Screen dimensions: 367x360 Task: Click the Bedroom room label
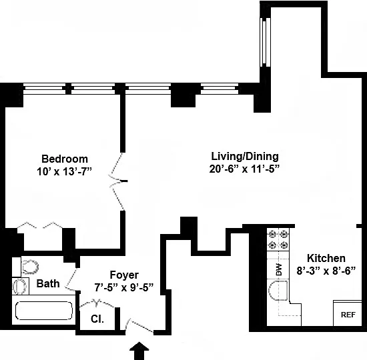pyautogui.click(x=65, y=159)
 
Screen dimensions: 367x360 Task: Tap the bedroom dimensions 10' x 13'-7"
pyautogui.click(x=63, y=172)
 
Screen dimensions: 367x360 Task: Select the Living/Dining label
pyautogui.click(x=245, y=157)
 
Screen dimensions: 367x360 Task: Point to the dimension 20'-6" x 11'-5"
pyautogui.click(x=245, y=169)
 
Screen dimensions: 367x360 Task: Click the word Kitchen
pyautogui.click(x=326, y=258)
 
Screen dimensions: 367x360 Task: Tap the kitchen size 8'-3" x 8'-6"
pyautogui.click(x=326, y=271)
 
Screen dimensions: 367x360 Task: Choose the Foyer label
pyautogui.click(x=124, y=275)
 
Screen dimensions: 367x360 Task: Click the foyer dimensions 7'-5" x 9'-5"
pyautogui.click(x=124, y=287)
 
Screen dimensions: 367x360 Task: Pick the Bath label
pyautogui.click(x=48, y=283)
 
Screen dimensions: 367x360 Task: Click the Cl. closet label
pyautogui.click(x=97, y=319)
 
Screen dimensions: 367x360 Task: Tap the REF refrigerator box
pyautogui.click(x=348, y=313)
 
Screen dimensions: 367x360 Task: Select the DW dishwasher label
pyautogui.click(x=278, y=269)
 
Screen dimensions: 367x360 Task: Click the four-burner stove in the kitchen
pyautogui.click(x=278, y=239)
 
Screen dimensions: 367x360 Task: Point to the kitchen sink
pyautogui.click(x=278, y=291)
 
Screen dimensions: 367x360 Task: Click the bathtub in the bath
pyautogui.click(x=44, y=311)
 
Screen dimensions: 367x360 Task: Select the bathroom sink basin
pyautogui.click(x=19, y=286)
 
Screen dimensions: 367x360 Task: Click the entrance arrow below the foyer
pyautogui.click(x=139, y=351)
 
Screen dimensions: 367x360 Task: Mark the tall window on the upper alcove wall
pyautogui.click(x=266, y=42)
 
